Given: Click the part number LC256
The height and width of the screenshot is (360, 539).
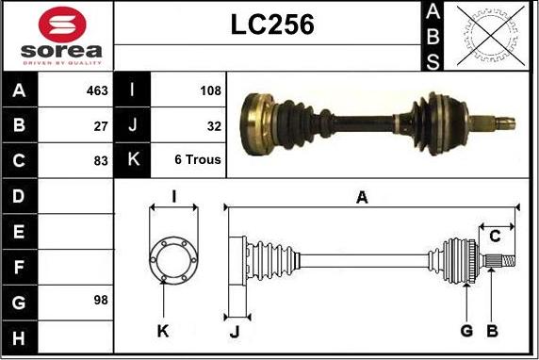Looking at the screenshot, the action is [272, 25].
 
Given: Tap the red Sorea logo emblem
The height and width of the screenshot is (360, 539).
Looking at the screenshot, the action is [62, 25].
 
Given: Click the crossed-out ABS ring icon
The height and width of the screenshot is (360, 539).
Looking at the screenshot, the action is [491, 36].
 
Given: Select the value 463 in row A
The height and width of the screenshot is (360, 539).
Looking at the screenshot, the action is [97, 90].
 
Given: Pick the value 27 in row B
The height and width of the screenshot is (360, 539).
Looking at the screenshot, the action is [101, 126].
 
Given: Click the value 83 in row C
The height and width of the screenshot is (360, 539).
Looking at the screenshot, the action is [101, 161].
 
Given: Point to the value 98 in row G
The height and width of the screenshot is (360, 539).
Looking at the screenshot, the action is [101, 301].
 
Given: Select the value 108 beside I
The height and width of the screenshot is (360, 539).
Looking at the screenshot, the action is [211, 90].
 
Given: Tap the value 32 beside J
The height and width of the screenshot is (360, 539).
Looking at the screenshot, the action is [214, 126].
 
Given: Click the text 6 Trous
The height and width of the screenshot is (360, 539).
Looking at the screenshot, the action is [198, 159].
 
